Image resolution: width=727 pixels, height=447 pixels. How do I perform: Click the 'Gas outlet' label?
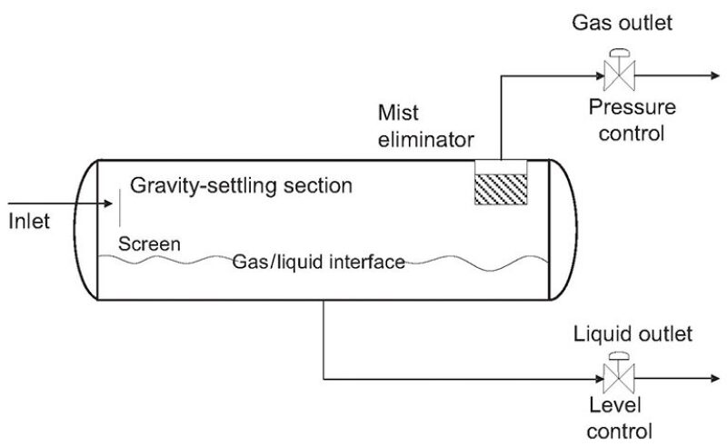point(622,23)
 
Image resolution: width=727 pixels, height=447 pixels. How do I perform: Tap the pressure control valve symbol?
point(622,71)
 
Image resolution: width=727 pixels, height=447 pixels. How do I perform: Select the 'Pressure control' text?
point(632,120)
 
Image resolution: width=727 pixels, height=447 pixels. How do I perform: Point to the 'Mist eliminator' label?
point(426,126)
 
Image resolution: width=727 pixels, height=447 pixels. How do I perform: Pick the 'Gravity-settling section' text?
point(241,186)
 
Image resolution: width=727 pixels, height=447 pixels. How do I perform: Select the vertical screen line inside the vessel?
point(119,211)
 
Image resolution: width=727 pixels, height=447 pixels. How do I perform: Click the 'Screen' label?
point(150,244)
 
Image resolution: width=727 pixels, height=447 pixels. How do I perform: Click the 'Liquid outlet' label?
point(632,334)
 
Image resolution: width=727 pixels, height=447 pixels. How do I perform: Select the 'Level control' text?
point(621,417)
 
